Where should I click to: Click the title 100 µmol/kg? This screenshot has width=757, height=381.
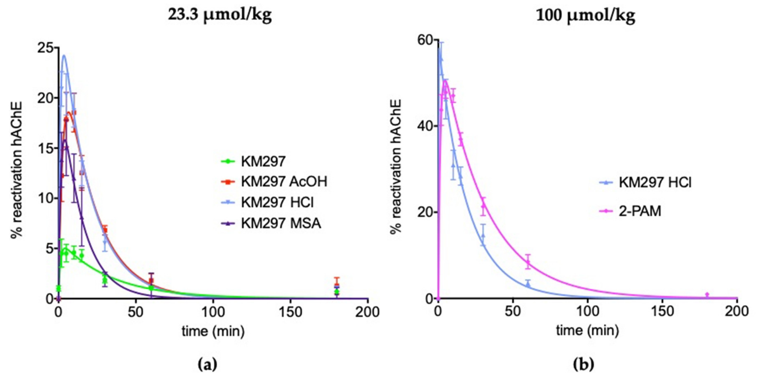pyautogui.click(x=585, y=15)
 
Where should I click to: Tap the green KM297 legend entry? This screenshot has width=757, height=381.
pyautogui.click(x=263, y=161)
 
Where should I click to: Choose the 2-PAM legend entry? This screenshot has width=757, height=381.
pyautogui.click(x=640, y=211)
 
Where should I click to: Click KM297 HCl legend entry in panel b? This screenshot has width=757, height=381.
pyautogui.click(x=655, y=182)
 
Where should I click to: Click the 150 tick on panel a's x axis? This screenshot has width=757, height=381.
pyautogui.click(x=290, y=312)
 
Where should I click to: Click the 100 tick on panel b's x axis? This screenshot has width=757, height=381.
pyautogui.click(x=587, y=311)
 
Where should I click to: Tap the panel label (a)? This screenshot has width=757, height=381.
pyautogui.click(x=207, y=365)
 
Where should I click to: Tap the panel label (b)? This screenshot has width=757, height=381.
pyautogui.click(x=584, y=365)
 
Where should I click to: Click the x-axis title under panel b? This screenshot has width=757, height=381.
pyautogui.click(x=587, y=330)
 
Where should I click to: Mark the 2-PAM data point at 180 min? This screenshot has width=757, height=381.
pyautogui.click(x=707, y=295)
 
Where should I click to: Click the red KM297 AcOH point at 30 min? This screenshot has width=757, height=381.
pyautogui.click(x=105, y=230)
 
